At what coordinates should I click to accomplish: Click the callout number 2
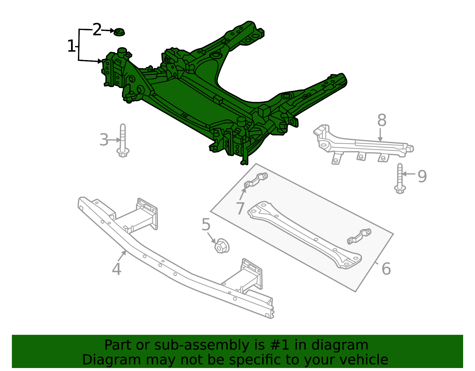(97, 30)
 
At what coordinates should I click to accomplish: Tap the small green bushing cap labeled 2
(119, 32)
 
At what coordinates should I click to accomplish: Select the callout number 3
(104, 140)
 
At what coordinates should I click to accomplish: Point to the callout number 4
(116, 269)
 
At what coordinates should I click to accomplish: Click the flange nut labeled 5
(221, 246)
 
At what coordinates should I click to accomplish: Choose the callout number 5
(206, 225)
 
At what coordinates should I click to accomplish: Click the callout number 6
(386, 269)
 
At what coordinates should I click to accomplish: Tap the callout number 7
(240, 208)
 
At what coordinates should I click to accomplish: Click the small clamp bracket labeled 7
(256, 180)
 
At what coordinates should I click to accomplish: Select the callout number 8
(382, 121)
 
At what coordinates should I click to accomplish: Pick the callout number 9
(422, 176)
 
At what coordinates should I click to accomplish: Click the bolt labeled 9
(400, 178)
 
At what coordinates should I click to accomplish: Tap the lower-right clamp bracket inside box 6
(359, 236)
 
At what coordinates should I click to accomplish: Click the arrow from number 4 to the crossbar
(122, 256)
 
